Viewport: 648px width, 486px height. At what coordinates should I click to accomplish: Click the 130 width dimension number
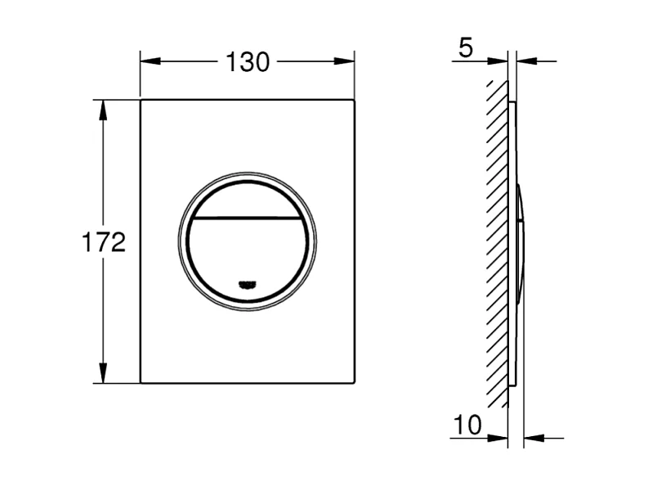pyautogui.click(x=247, y=62)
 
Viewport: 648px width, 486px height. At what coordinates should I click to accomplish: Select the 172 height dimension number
pyautogui.click(x=103, y=243)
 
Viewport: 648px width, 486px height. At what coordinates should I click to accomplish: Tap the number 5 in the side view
pyautogui.click(x=465, y=48)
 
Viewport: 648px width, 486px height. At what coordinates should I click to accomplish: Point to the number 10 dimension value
pyautogui.click(x=467, y=424)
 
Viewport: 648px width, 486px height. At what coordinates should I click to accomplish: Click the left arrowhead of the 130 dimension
pyautogui.click(x=147, y=61)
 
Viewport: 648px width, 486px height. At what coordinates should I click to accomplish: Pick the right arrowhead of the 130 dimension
pyautogui.click(x=347, y=61)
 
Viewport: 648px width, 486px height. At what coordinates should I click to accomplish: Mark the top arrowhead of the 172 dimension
pyautogui.click(x=103, y=107)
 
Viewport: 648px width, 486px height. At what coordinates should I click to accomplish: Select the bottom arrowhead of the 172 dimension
pyautogui.click(x=103, y=376)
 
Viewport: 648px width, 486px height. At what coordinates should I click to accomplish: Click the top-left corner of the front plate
pyautogui.click(x=141, y=101)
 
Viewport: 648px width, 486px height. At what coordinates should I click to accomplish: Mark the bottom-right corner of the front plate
pyautogui.click(x=353, y=381)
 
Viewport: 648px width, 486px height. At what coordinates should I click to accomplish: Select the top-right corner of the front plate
pyautogui.click(x=353, y=101)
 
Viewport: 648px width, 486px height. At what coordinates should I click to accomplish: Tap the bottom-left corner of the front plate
pyautogui.click(x=141, y=381)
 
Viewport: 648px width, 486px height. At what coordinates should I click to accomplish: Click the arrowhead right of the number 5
pyautogui.click(x=499, y=61)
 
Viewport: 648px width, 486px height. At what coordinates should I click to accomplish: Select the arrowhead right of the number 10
pyautogui.click(x=499, y=438)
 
